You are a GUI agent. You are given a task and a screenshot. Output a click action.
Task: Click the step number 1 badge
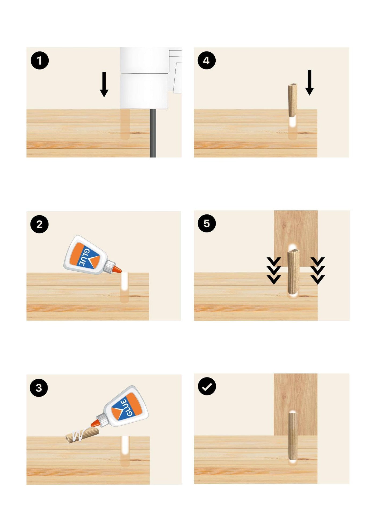pyautogui.click(x=39, y=60)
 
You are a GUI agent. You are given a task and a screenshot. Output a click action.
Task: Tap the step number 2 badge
pyautogui.click(x=39, y=224)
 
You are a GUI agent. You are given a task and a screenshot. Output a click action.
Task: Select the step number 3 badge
pyautogui.click(x=39, y=388)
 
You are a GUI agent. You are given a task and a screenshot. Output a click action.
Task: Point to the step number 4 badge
pyautogui.click(x=207, y=60)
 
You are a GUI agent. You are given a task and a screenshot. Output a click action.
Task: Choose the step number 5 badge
pyautogui.click(x=207, y=223)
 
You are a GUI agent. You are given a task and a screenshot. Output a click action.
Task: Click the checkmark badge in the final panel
pyautogui.click(x=207, y=386)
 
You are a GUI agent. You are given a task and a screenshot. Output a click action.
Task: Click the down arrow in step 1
pyautogui.click(x=104, y=84)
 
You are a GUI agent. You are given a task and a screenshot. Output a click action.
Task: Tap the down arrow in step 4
pyautogui.click(x=309, y=82)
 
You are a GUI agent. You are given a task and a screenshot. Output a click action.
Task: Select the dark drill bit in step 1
pyautogui.click(x=153, y=133)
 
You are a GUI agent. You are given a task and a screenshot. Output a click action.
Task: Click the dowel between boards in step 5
pyautogui.click(x=293, y=272)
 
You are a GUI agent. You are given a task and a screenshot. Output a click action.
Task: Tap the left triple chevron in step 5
pyautogui.click(x=274, y=271)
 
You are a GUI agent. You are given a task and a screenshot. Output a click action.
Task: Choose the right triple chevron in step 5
pyautogui.click(x=318, y=271)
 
